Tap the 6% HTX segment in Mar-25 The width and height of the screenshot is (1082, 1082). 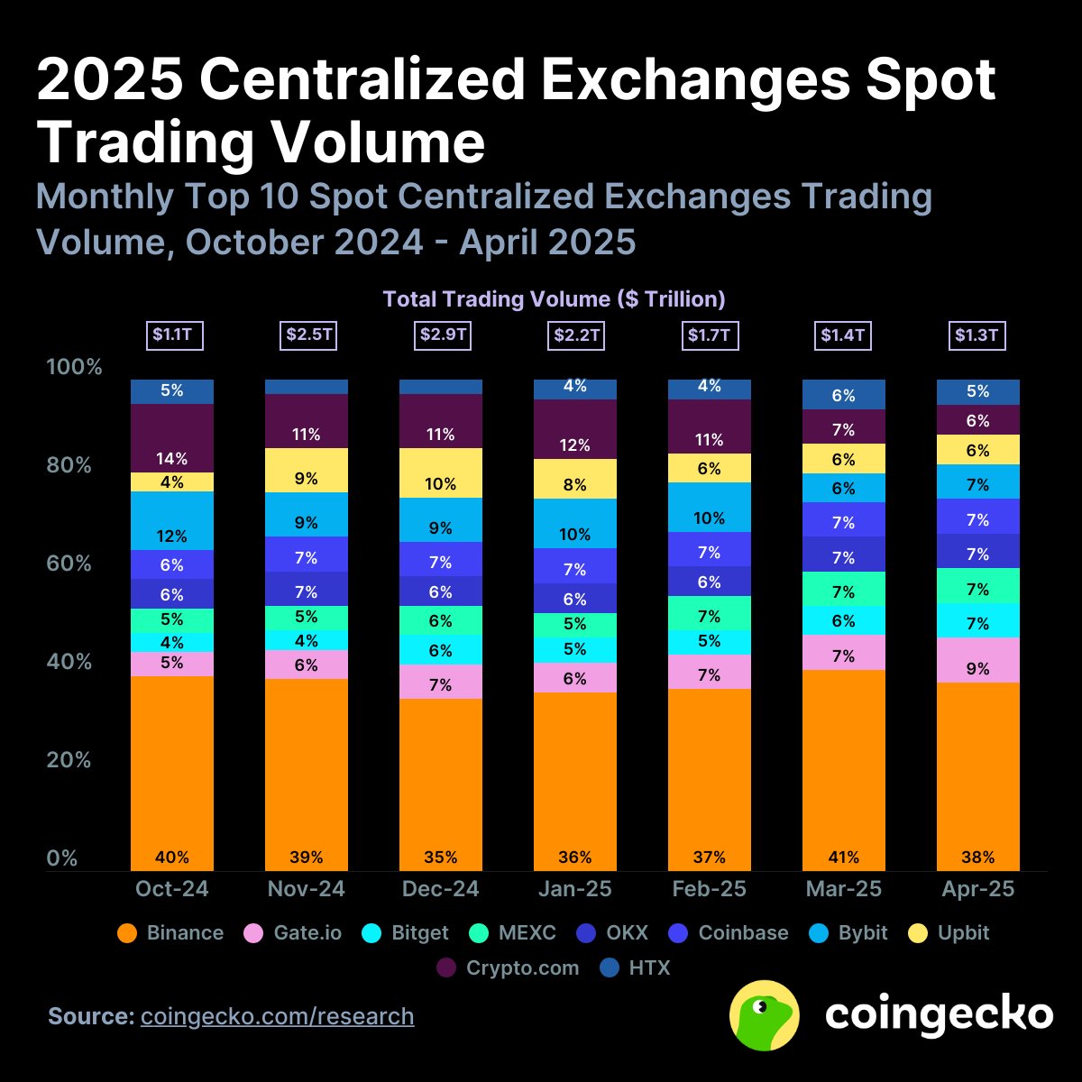point(844,395)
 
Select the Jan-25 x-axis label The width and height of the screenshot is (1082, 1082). point(575,889)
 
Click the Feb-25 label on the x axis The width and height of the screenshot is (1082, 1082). point(710,889)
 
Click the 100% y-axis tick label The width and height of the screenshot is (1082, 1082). point(74,367)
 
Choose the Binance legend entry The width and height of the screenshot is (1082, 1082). point(171,932)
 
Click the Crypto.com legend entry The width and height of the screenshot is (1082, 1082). point(509,968)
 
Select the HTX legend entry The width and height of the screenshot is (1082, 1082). point(636,968)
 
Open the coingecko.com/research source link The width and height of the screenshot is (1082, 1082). point(277,1016)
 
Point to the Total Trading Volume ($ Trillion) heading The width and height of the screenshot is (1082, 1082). point(554,299)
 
